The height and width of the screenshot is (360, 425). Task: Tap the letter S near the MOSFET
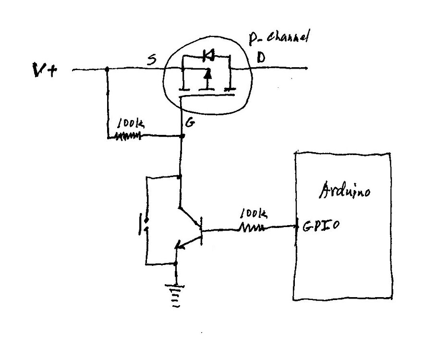coord(152,60)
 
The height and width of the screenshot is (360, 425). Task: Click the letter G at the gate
coord(190,123)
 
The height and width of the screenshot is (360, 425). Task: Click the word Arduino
coord(344,192)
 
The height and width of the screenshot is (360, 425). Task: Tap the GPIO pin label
coord(321,225)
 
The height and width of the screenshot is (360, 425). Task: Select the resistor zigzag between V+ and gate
coord(127,137)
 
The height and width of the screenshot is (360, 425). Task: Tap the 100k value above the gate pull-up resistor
coord(129,124)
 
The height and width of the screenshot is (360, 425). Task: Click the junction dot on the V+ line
coord(107,69)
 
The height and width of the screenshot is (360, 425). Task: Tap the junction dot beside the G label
coord(182,137)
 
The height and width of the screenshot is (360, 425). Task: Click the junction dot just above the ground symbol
coord(177,263)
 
